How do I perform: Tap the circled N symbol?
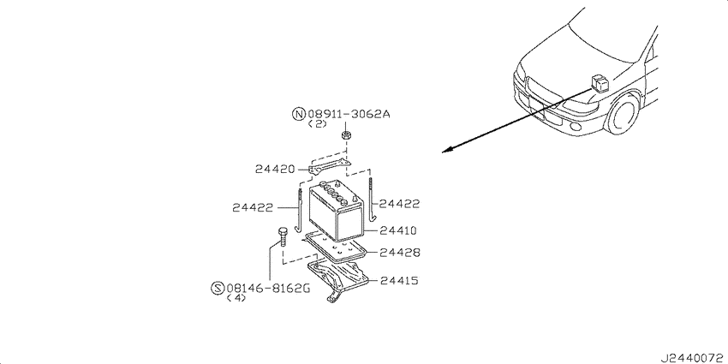tap(299, 114)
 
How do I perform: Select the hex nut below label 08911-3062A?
tap(345, 135)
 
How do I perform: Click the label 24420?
tap(275, 169)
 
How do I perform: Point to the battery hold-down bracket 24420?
tap(329, 166)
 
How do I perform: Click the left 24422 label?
tap(252, 208)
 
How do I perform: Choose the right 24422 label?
tap(399, 204)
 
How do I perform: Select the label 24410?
tap(398, 230)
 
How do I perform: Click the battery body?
tap(336, 212)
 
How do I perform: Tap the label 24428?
tap(399, 253)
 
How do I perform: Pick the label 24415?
tap(399, 280)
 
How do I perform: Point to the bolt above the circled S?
tap(283, 237)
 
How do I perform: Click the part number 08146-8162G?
tap(268, 289)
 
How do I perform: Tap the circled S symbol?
tap(218, 289)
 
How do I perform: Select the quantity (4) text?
tap(236, 298)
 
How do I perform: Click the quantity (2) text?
tap(318, 124)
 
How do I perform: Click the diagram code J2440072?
tap(693, 358)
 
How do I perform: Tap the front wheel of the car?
tap(622, 114)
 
